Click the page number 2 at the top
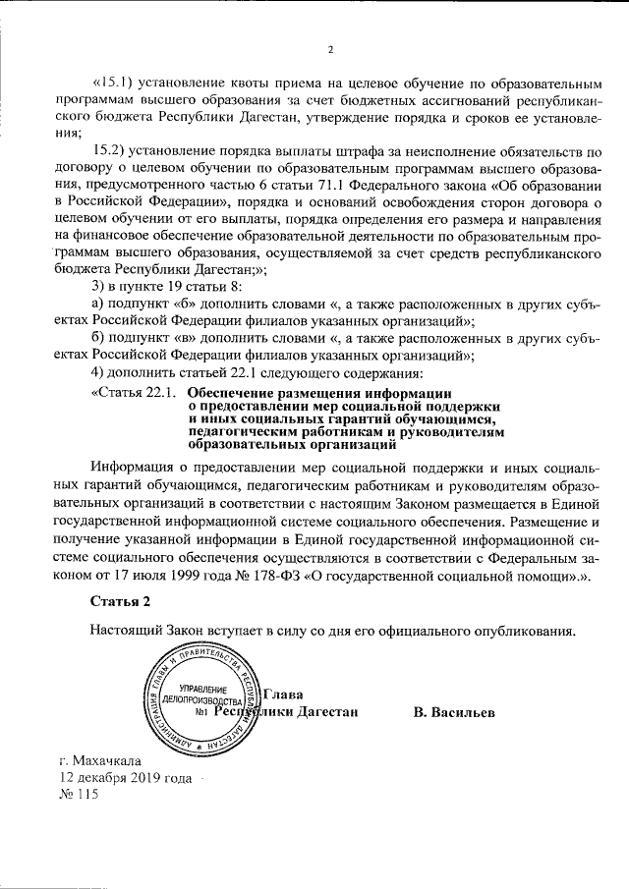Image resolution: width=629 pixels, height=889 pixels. tap(330, 50)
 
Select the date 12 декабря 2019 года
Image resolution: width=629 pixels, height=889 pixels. tap(125, 778)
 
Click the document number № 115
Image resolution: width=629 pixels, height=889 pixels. tap(80, 796)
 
